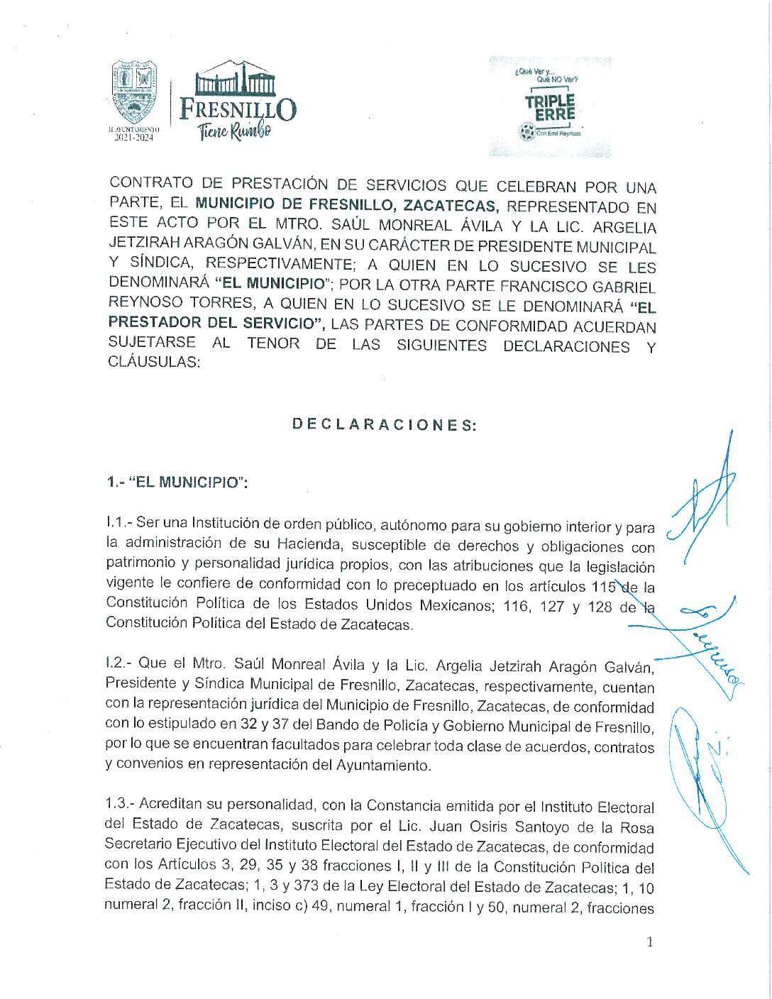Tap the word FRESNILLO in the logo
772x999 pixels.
pos(238,109)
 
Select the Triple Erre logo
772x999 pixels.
pos(550,107)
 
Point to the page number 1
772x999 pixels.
pos(649,942)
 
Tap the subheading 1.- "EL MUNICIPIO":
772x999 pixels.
pos(177,482)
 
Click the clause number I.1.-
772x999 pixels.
pos(119,523)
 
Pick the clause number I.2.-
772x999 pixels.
pos(119,663)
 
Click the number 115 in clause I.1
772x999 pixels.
pos(603,587)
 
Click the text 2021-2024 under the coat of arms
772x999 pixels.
pos(134,138)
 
